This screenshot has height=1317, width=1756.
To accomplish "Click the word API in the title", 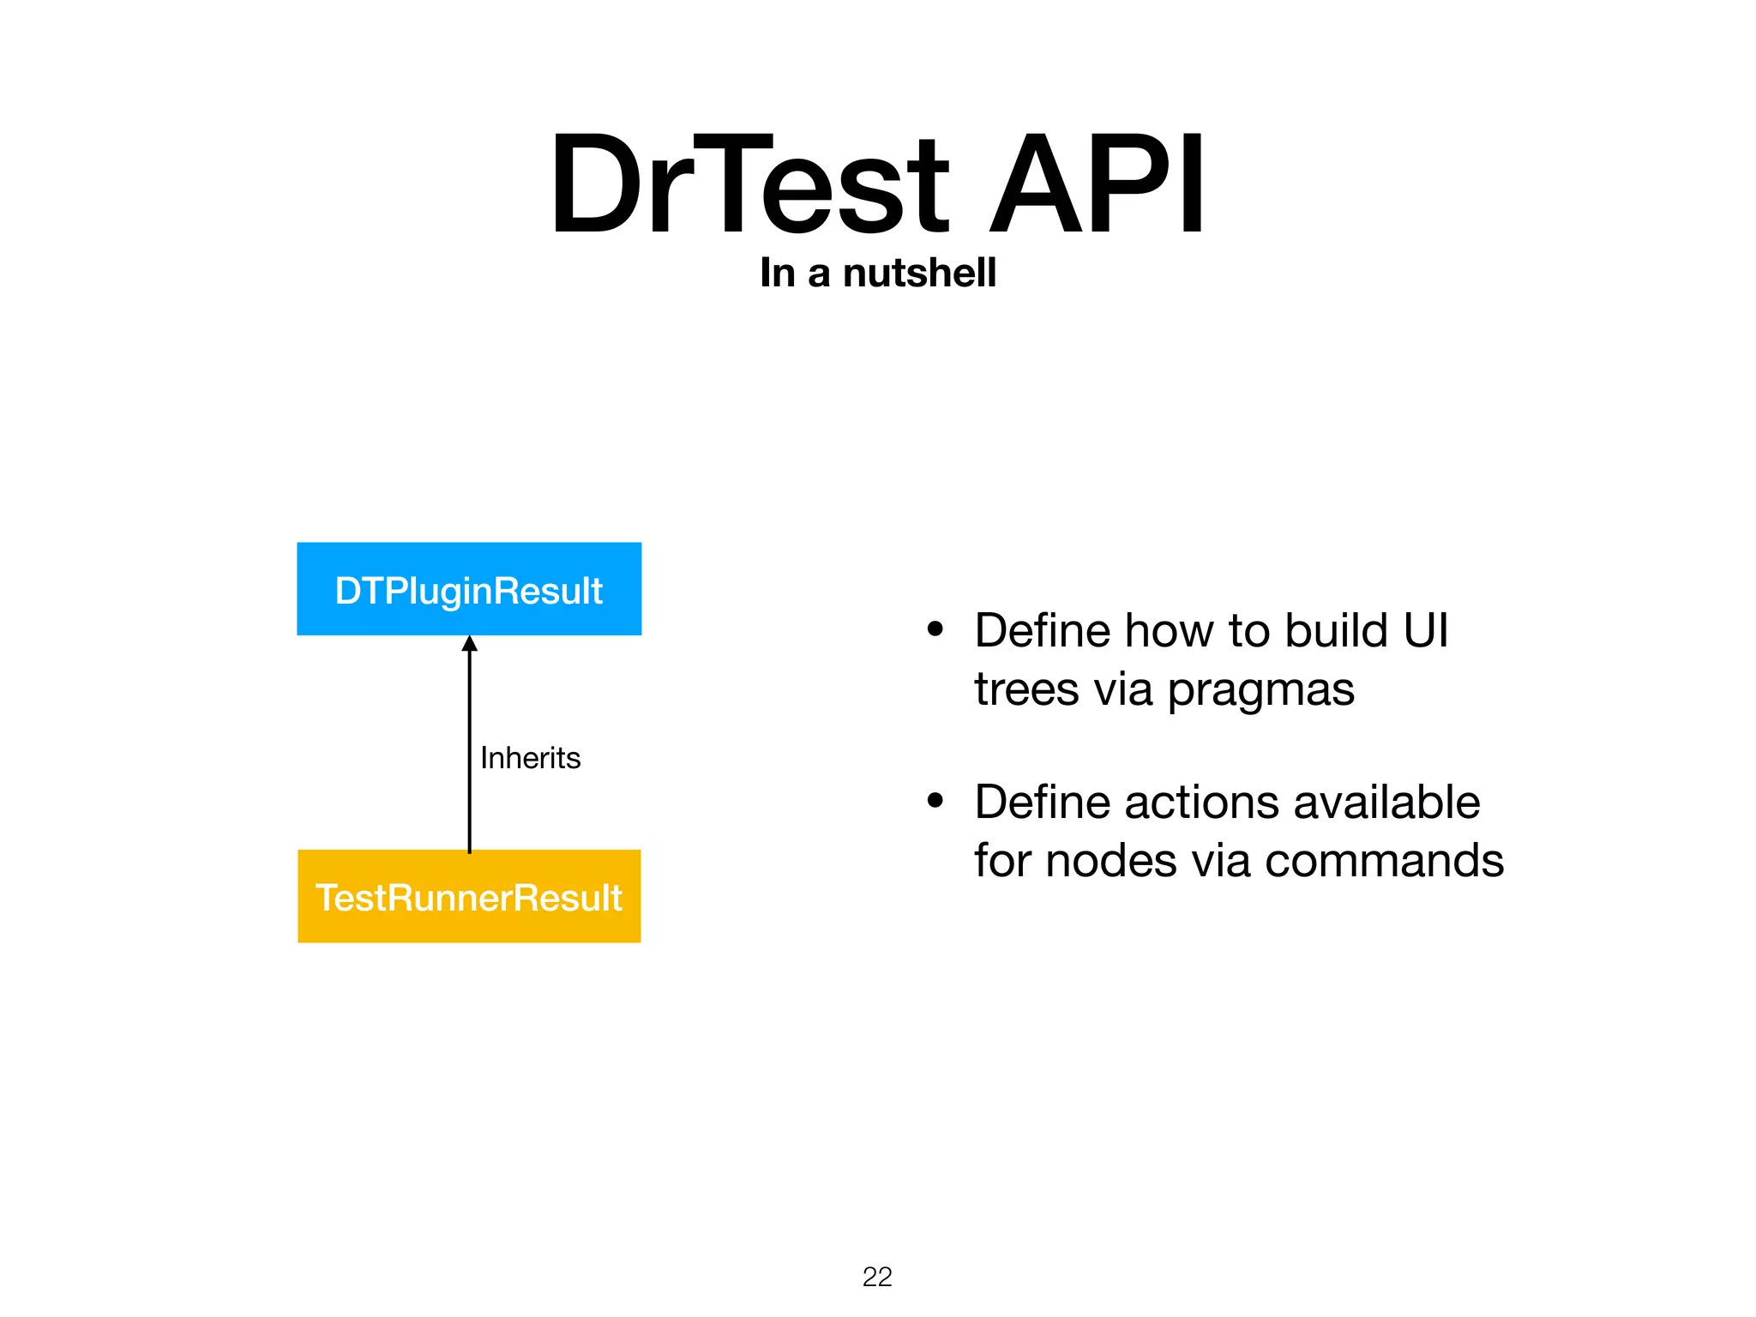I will tap(1097, 184).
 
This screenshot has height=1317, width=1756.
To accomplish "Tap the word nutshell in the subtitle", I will tap(919, 273).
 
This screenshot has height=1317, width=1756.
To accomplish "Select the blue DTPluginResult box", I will tap(469, 589).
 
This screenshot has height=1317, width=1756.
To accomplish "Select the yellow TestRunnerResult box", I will tap(469, 896).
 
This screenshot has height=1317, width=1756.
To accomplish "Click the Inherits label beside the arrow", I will tap(530, 758).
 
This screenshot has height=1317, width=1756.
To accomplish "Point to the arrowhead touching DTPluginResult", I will tap(469, 644).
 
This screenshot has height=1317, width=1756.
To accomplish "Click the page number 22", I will tap(877, 1277).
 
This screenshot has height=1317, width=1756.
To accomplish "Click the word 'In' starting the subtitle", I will tap(777, 273).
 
